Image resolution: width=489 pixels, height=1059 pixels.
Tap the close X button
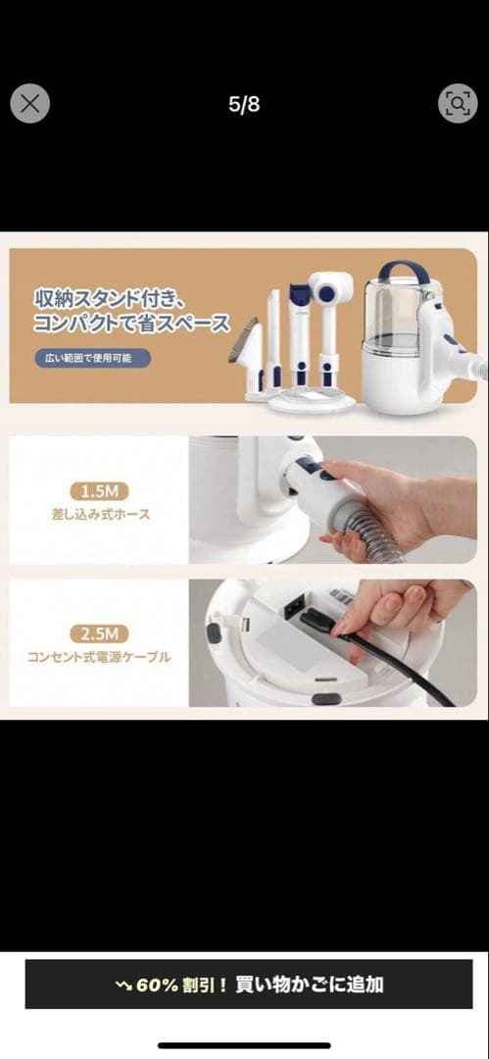click(x=29, y=104)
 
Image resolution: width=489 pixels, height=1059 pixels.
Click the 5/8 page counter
click(x=244, y=105)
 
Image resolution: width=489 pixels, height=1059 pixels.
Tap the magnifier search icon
click(x=458, y=103)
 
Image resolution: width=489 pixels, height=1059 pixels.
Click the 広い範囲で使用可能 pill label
click(x=93, y=358)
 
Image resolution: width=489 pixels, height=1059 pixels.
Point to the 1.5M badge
click(x=99, y=491)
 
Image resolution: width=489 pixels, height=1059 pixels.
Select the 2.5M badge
click(x=99, y=634)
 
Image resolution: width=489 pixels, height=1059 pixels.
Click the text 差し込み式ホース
click(x=99, y=515)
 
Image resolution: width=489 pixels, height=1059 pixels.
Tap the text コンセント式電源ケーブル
click(x=99, y=657)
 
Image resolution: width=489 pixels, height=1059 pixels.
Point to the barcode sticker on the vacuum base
click(x=341, y=596)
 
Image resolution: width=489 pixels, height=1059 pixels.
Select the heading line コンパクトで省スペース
click(x=131, y=325)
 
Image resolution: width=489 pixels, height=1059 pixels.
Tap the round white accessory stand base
click(x=312, y=400)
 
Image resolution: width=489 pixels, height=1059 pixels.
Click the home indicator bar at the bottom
click(x=245, y=1045)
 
